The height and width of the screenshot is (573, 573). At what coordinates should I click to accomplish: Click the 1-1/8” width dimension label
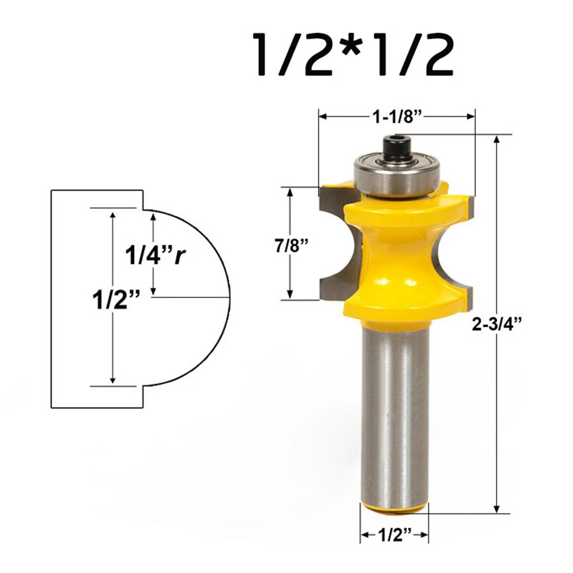coord(397,117)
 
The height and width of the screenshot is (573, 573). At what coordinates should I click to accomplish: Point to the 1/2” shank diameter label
coord(395,535)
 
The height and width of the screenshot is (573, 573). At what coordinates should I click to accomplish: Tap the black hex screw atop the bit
coord(396,148)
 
